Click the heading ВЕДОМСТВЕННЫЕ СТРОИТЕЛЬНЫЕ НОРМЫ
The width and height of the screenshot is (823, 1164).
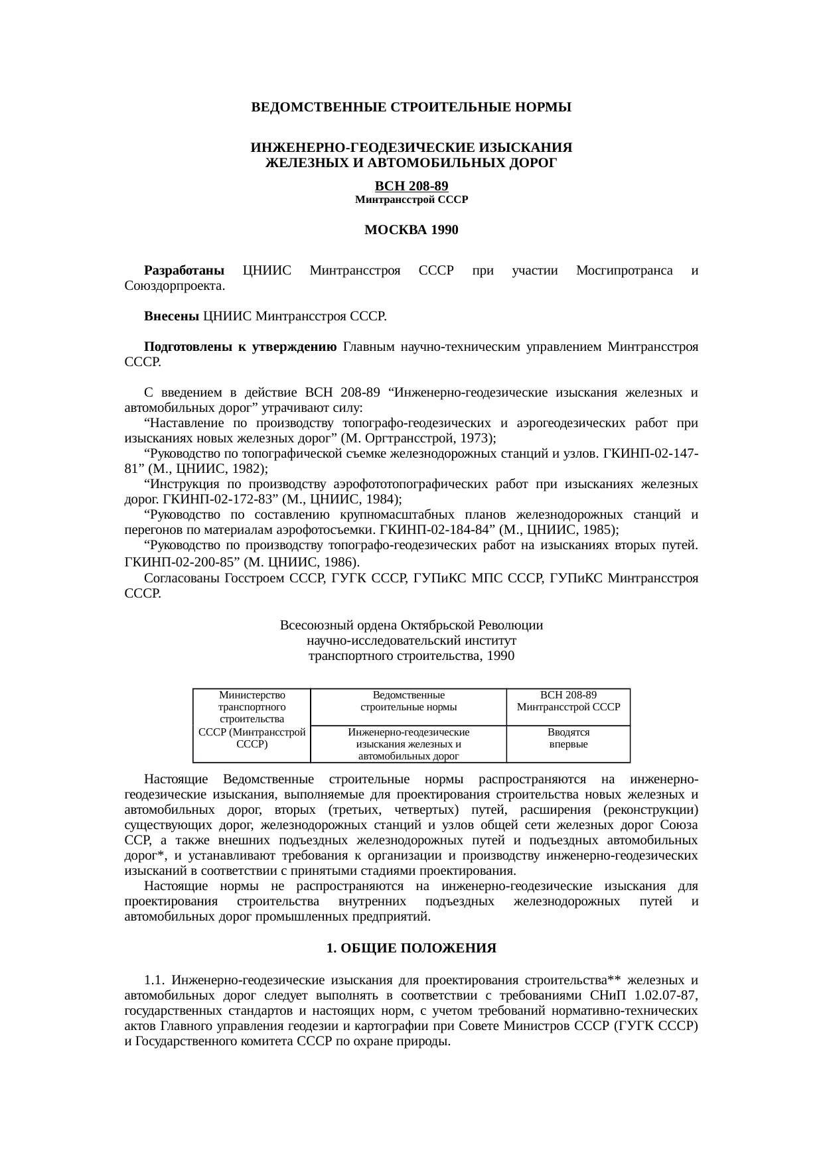[411, 107]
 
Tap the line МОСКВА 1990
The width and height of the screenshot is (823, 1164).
[411, 230]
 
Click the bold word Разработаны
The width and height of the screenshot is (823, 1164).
[184, 271]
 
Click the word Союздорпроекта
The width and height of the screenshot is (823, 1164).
[174, 286]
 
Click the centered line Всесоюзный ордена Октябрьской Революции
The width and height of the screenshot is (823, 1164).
[411, 625]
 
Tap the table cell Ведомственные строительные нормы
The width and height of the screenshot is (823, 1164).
[408, 701]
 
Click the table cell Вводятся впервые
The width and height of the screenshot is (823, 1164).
[568, 738]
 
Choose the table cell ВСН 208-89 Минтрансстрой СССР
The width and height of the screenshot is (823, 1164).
[568, 701]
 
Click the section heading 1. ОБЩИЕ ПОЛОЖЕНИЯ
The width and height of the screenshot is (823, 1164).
[411, 948]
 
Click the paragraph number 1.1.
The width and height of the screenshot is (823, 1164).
[153, 980]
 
